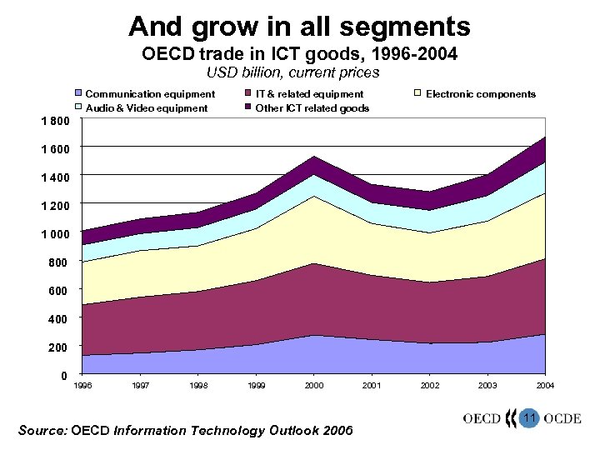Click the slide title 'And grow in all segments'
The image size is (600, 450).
299,27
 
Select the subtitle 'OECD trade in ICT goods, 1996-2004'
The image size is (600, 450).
299,56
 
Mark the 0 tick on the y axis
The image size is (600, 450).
64,375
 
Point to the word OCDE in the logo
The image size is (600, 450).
562,419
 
